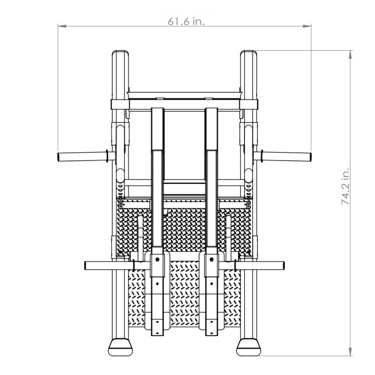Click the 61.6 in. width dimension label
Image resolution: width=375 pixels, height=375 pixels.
tap(186, 22)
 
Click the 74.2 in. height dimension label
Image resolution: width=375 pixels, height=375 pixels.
tap(345, 187)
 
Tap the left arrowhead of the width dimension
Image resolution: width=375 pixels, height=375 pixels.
tap(62, 26)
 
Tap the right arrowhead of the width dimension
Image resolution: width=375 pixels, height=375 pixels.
tap(307, 26)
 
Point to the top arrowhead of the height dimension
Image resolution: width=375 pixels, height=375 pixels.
tap(350, 55)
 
